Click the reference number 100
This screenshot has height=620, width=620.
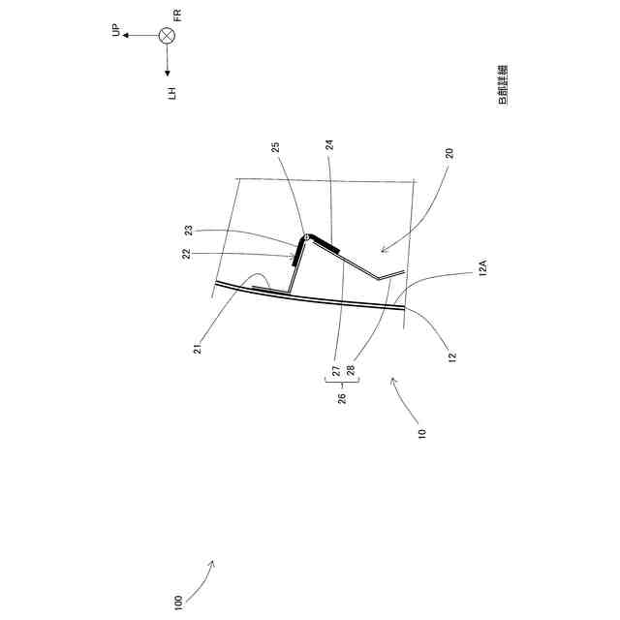point(177,602)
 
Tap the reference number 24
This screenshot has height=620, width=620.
point(329,144)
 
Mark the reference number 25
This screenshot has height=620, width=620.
point(276,147)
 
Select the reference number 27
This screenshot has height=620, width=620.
point(336,370)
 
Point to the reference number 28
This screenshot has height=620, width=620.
point(351,370)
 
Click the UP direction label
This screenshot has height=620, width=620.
point(116,32)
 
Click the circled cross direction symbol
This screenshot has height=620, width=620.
point(167,36)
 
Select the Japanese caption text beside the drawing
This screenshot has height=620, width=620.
point(503,85)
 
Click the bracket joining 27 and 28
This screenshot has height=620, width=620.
point(343,384)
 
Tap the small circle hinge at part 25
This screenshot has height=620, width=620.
point(306,236)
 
